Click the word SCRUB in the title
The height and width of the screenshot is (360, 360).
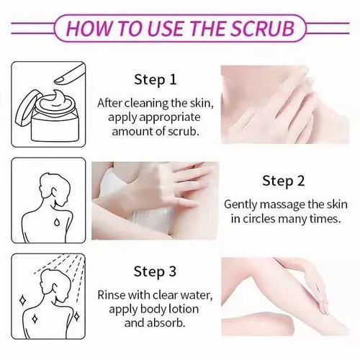coord(262,29)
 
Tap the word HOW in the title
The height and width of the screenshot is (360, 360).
coord(89,29)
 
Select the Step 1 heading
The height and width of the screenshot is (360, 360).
coord(156,80)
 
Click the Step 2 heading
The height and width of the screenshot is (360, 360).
coord(284,181)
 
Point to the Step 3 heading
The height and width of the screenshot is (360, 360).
coord(155,271)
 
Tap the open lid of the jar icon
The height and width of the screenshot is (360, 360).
coord(27,107)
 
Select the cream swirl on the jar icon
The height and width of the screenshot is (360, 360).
coord(55,100)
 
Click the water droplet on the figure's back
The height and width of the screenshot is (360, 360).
coord(57,222)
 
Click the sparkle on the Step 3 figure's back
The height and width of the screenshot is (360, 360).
coord(35,318)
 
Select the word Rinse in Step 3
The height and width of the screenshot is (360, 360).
coord(112,295)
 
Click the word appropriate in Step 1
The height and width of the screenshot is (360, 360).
coord(169,118)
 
